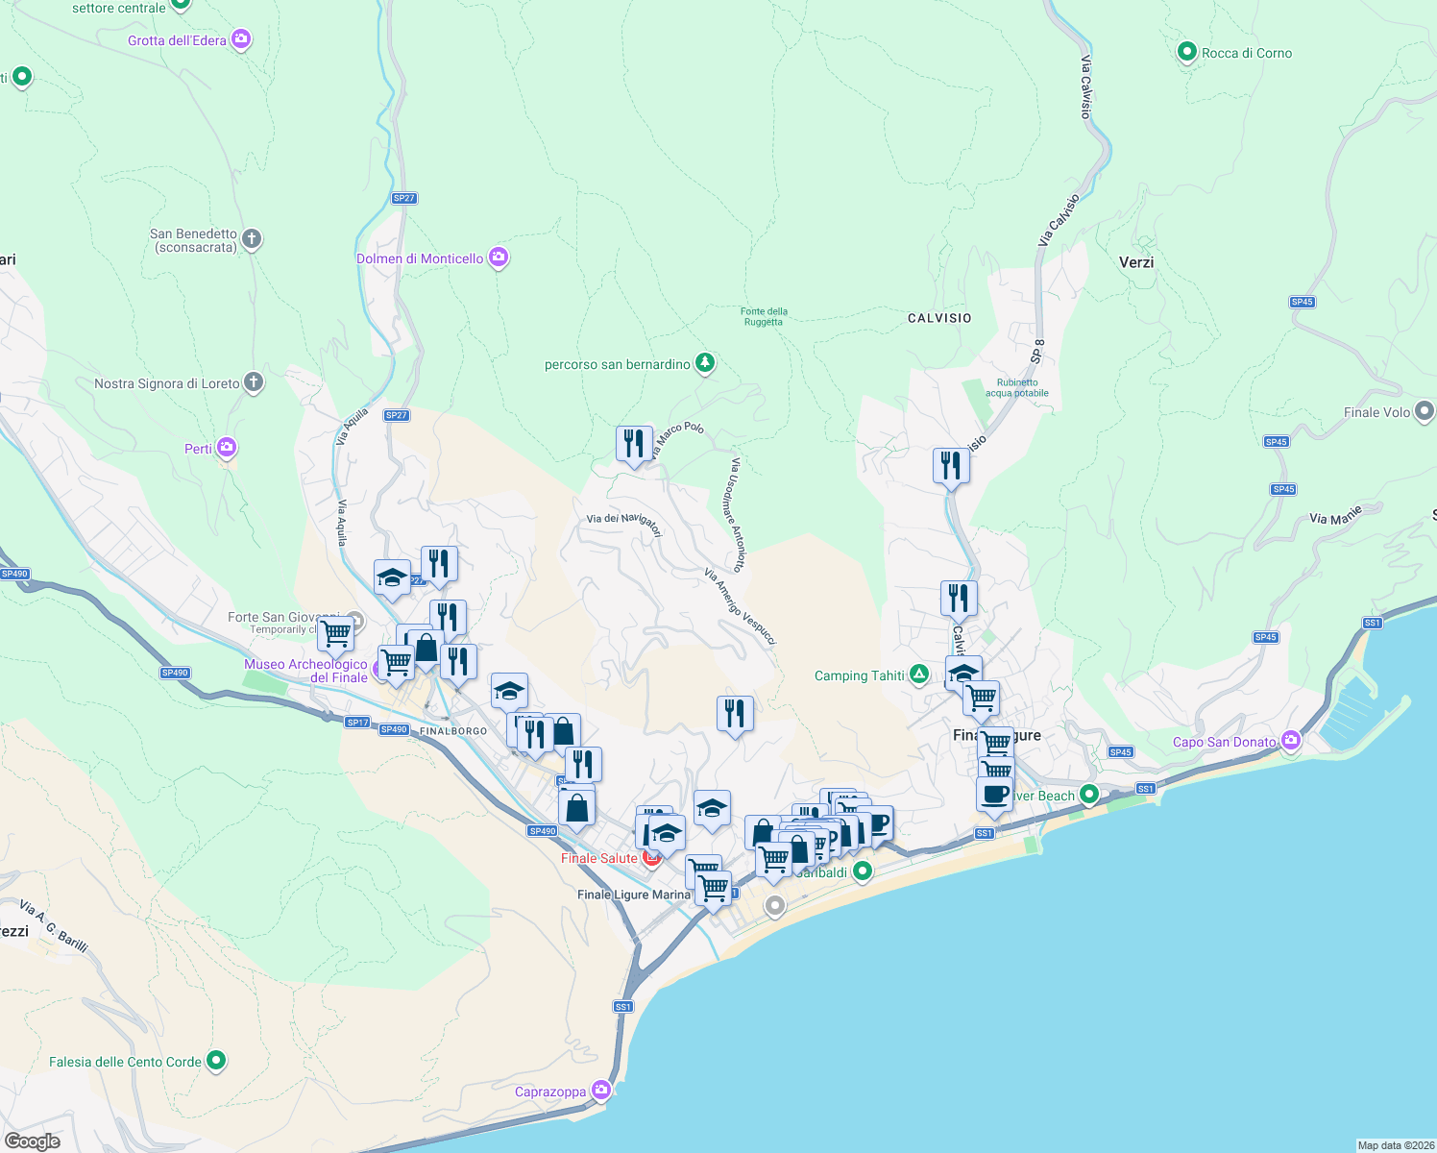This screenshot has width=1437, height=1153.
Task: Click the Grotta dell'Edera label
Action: coord(177,40)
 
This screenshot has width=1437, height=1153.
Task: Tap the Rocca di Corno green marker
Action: coord(1186,52)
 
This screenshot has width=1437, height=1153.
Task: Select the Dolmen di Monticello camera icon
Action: coord(498,258)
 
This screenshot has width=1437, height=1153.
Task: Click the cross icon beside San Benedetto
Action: coord(252,238)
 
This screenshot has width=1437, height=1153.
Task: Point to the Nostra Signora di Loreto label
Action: coord(167,383)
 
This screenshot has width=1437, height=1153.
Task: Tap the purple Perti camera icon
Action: coord(227,448)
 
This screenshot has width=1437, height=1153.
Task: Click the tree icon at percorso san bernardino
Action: coord(706,363)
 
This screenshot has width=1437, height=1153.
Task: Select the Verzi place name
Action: coord(1136,262)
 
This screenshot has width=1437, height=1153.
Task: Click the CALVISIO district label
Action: coord(939,318)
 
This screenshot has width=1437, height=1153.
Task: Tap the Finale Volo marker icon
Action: coord(1425,411)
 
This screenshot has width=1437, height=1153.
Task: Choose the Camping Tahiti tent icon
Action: coord(919,675)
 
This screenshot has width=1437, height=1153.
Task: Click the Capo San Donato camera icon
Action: coord(1290,741)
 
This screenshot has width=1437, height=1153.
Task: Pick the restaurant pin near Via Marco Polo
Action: coord(634,444)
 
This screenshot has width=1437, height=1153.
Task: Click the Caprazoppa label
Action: coord(550,1092)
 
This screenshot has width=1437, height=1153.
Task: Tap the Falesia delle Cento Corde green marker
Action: coord(216,1061)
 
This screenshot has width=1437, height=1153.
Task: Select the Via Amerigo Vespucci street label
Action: coord(740,606)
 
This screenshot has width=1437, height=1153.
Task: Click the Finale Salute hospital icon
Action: coord(652,857)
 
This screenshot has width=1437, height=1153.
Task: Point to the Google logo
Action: coord(33,1141)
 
